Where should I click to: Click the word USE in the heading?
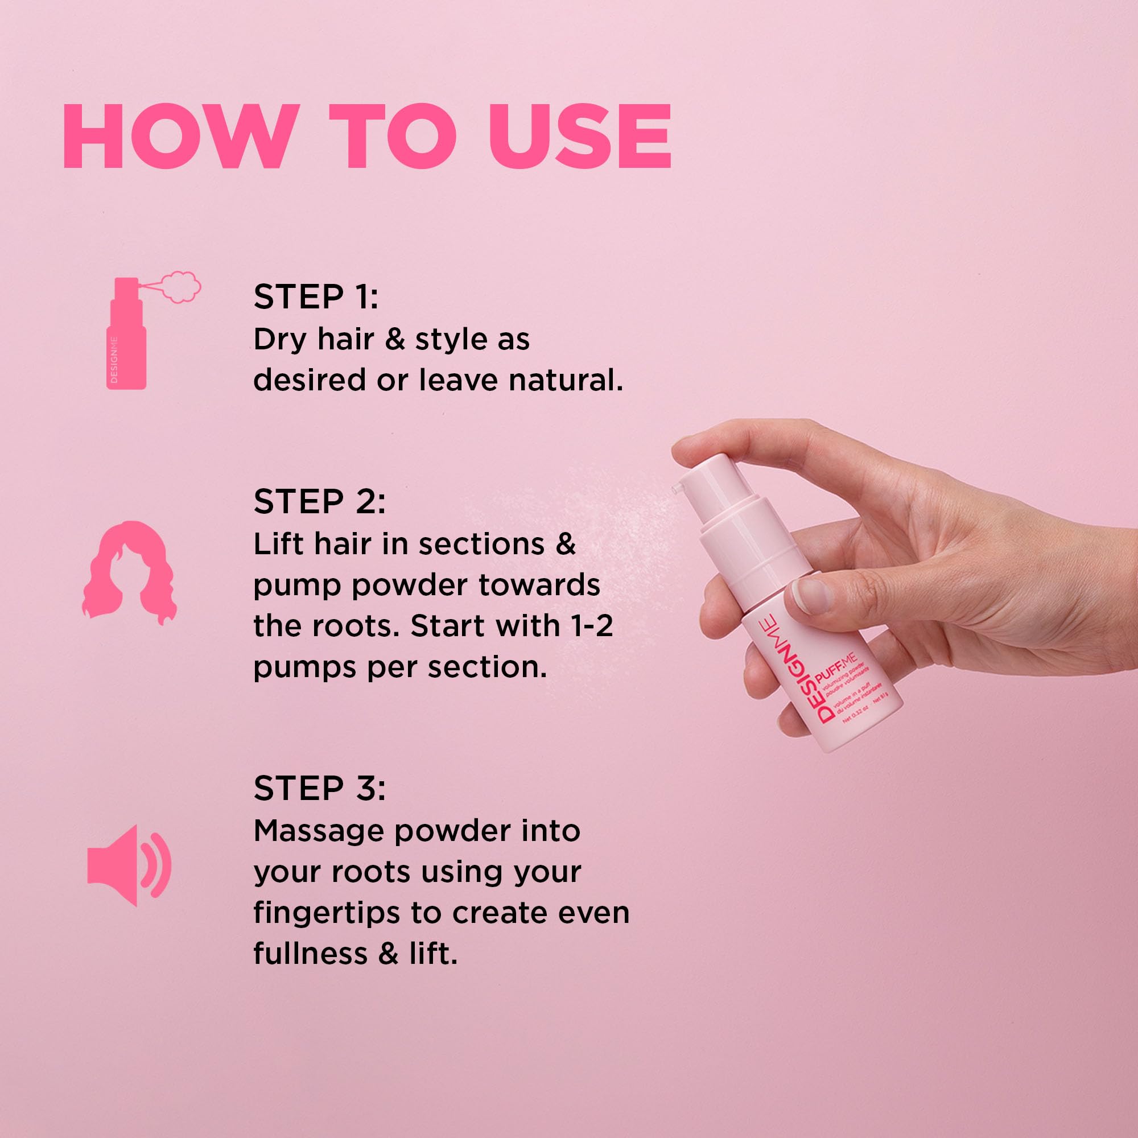(x=580, y=137)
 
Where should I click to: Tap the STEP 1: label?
(x=316, y=296)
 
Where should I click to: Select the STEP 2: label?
(x=319, y=501)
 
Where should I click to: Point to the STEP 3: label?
(x=319, y=788)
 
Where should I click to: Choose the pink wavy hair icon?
(x=129, y=572)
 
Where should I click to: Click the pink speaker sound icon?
(x=129, y=865)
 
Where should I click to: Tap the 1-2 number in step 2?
(x=592, y=625)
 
